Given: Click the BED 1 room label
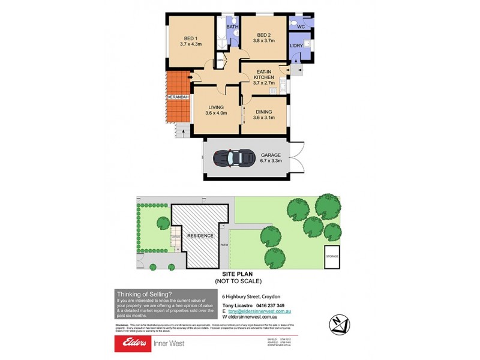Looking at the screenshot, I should point(191,40).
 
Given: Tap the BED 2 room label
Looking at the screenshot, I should point(264,37).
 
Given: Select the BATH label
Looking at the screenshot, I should point(233,27).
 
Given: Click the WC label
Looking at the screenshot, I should point(301,27).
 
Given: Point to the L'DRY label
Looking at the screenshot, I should point(296,46).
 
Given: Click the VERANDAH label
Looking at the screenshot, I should point(179,97).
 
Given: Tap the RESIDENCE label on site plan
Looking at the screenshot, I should point(200,236).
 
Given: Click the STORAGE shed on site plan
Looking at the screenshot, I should point(332,256).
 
